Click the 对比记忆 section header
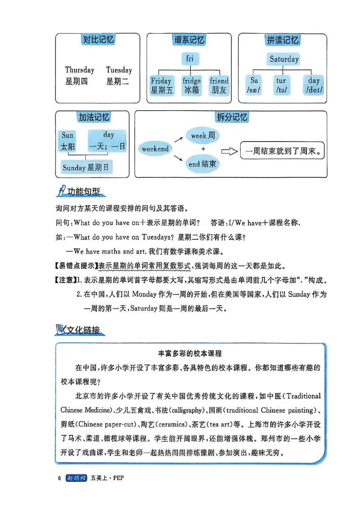[99, 40]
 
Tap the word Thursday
[80, 70]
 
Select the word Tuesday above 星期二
[119, 70]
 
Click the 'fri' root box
[190, 58]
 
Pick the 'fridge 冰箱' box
[191, 85]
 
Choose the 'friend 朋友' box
[219, 85]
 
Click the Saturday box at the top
[284, 59]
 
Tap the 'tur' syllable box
[281, 85]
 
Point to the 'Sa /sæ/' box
[254, 85]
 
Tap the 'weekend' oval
[155, 149]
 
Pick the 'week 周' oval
[202, 135]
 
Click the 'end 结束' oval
[202, 164]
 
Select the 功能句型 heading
[81, 192]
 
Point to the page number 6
[59, 478]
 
